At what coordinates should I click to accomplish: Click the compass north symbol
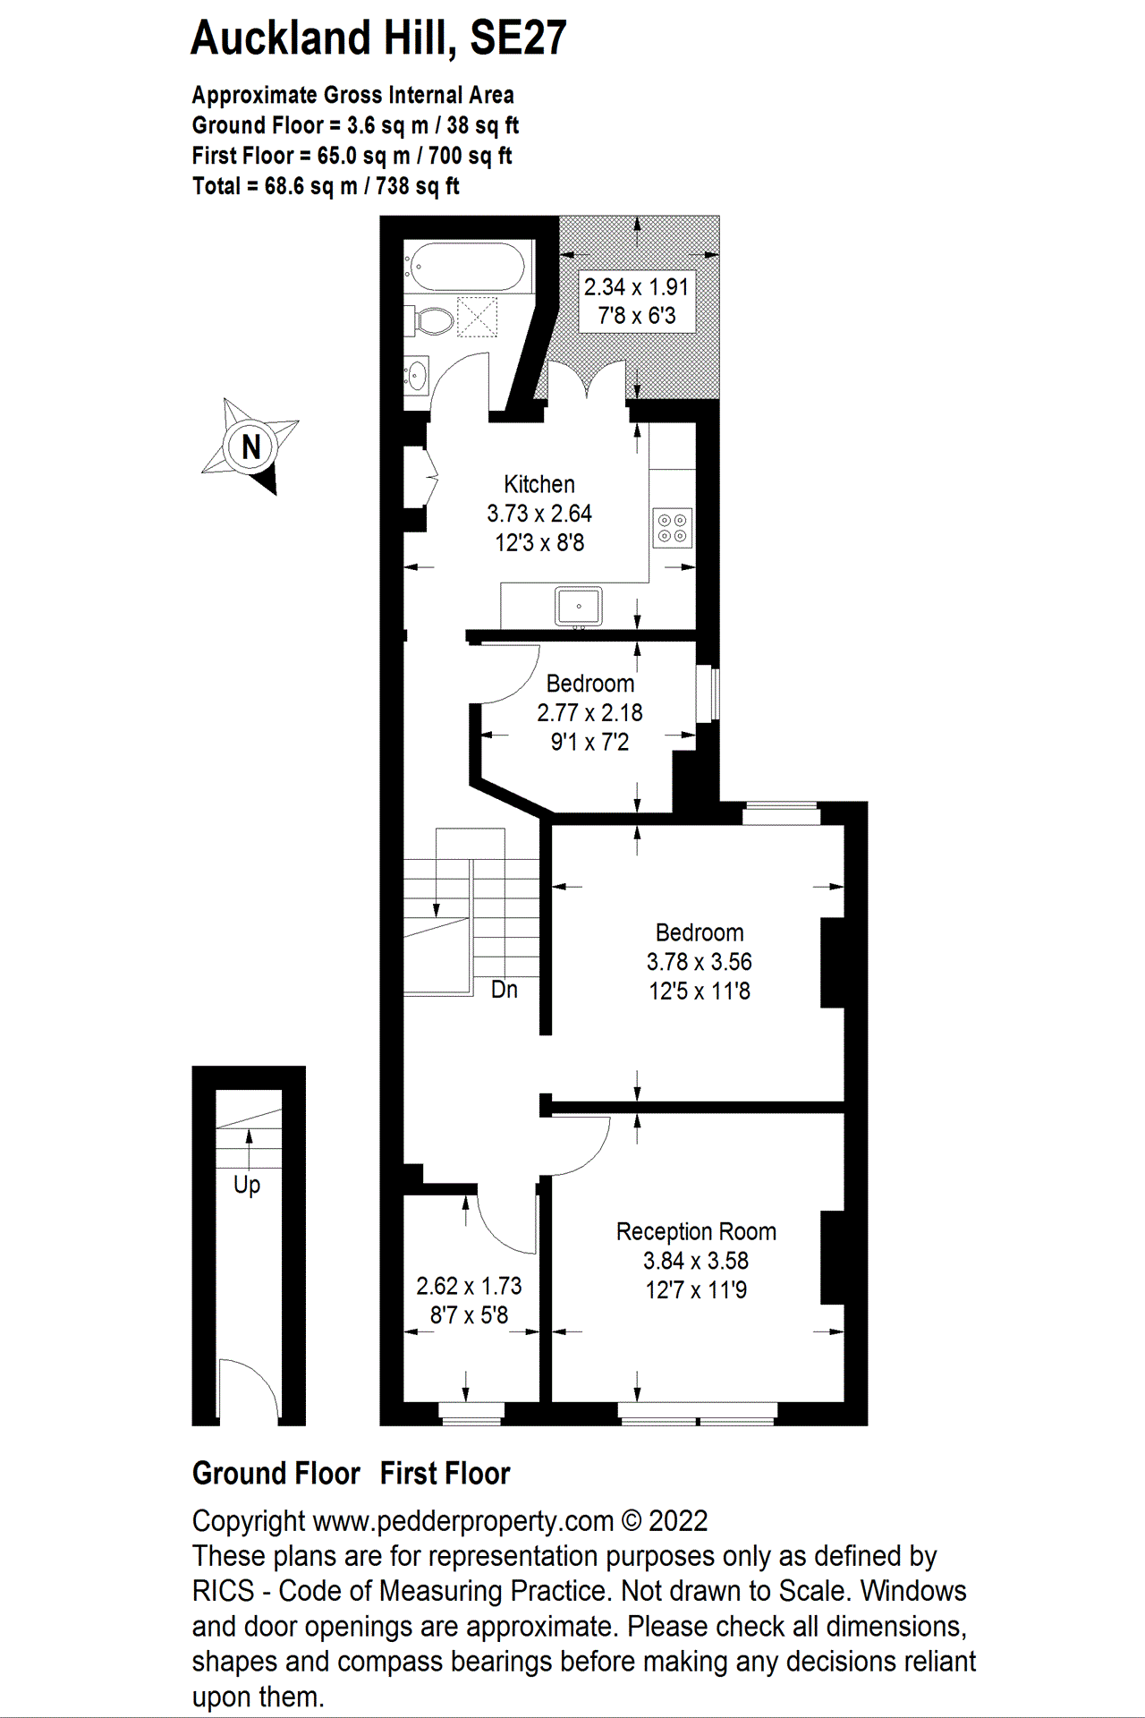(x=250, y=446)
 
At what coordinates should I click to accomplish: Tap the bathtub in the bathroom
(x=465, y=266)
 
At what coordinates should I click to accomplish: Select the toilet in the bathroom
(x=433, y=320)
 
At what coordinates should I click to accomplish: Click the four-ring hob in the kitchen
(x=673, y=527)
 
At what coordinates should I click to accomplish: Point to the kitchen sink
(x=579, y=606)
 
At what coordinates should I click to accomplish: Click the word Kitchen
(x=539, y=484)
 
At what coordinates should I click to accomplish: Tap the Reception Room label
(x=696, y=1231)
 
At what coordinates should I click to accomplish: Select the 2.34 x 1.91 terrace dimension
(x=636, y=287)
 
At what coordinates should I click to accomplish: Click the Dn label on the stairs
(x=505, y=989)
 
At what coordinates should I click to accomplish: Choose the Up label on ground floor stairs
(x=247, y=1185)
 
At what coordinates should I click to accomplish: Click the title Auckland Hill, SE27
(x=378, y=38)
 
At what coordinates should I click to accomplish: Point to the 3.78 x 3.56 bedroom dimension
(x=699, y=962)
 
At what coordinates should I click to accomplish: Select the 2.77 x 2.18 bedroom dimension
(x=589, y=713)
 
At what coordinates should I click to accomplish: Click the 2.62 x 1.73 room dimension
(x=469, y=1286)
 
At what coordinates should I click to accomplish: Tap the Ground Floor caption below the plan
(x=276, y=1474)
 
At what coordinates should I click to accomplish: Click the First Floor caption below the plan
(x=445, y=1474)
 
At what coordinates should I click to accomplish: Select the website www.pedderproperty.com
(x=463, y=1521)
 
